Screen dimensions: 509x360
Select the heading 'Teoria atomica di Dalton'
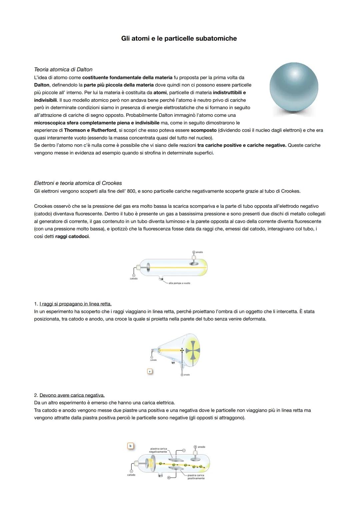[x=63, y=70]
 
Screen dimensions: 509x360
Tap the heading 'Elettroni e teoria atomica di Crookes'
[x=78, y=183]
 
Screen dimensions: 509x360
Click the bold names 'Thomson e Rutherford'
[x=90, y=130]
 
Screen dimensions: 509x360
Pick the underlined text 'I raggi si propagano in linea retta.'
[x=75, y=304]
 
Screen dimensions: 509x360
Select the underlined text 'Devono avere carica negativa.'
[x=72, y=395]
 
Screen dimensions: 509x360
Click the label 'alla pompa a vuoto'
[x=179, y=283]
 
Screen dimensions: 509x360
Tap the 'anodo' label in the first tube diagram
[x=199, y=252]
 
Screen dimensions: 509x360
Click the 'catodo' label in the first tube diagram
[x=133, y=278]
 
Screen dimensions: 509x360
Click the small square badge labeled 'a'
[x=150, y=371]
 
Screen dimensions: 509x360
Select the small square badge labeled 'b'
[x=130, y=446]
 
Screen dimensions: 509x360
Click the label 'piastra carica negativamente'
[x=158, y=450]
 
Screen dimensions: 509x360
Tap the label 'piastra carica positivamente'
[x=196, y=477]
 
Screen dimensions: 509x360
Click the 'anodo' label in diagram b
[x=201, y=447]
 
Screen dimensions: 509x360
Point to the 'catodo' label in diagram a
[x=153, y=360]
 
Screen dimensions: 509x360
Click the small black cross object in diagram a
[x=182, y=350]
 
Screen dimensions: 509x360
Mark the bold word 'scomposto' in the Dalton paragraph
[x=203, y=130]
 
